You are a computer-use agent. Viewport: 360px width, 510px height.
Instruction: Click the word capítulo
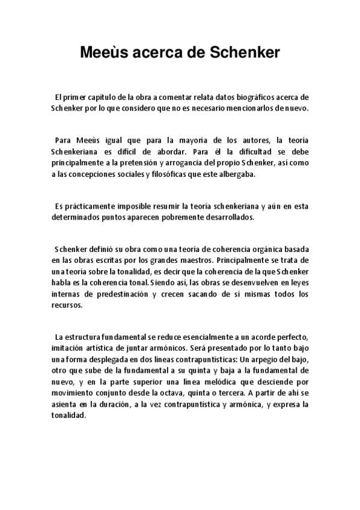coord(106,97)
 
